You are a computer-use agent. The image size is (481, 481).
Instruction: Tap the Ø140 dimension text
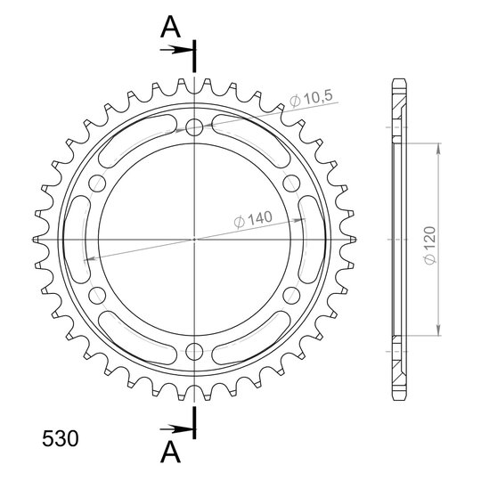(253, 219)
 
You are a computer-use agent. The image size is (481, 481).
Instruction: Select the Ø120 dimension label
(430, 246)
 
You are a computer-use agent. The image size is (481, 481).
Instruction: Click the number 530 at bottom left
(61, 438)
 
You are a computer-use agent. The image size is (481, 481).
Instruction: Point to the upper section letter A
(170, 27)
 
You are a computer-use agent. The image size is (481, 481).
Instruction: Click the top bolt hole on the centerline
(194, 127)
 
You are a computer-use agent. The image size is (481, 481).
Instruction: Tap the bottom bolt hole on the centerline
(194, 351)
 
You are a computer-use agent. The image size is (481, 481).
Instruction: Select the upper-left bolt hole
(97, 183)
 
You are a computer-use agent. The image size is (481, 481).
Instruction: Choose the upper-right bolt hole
(291, 183)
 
